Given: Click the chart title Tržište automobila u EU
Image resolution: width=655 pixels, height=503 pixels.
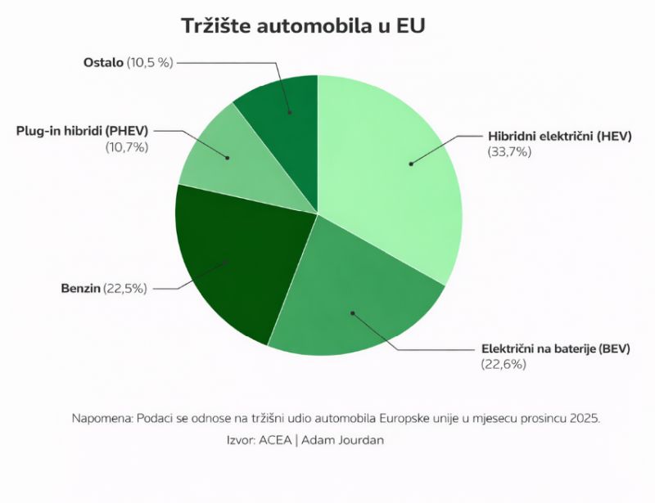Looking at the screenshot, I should pyautogui.click(x=304, y=27).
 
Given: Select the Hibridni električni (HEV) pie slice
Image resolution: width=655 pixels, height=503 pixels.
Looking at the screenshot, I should pyautogui.click(x=393, y=172).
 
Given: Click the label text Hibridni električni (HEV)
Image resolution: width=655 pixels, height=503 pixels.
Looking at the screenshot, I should pyautogui.click(x=560, y=137).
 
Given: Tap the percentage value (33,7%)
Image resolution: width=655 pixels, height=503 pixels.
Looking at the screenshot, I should pyautogui.click(x=509, y=153).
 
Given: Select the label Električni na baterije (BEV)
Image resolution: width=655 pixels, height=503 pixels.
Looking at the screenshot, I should pyautogui.click(x=554, y=348).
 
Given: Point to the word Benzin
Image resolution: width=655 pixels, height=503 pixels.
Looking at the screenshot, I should pyautogui.click(x=80, y=289).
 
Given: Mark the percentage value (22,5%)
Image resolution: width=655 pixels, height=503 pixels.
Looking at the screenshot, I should pyautogui.click(x=125, y=289).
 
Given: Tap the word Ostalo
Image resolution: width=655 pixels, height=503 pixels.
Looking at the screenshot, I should pyautogui.click(x=104, y=62).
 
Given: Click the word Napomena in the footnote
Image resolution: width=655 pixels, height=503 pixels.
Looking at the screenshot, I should pyautogui.click(x=99, y=418).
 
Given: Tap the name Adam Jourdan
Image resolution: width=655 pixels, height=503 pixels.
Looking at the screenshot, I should pyautogui.click(x=342, y=440).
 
